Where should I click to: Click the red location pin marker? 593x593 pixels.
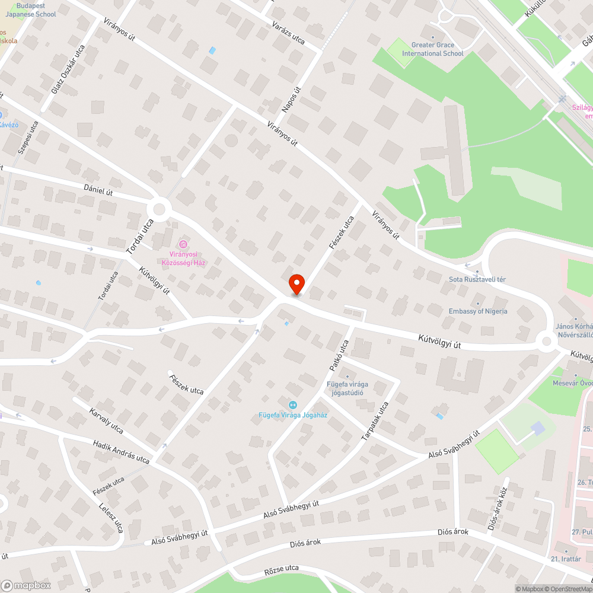(296, 283)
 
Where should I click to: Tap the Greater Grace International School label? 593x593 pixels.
(432, 49)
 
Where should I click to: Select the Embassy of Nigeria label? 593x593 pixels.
(478, 311)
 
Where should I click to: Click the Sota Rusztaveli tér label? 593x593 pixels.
(477, 279)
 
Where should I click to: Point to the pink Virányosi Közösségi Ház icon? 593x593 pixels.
(183, 244)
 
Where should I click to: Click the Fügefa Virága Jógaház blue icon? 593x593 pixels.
(291, 404)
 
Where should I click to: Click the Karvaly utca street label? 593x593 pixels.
(106, 420)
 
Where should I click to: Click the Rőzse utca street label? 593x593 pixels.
(281, 573)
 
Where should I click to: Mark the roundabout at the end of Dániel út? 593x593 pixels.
(159, 209)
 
